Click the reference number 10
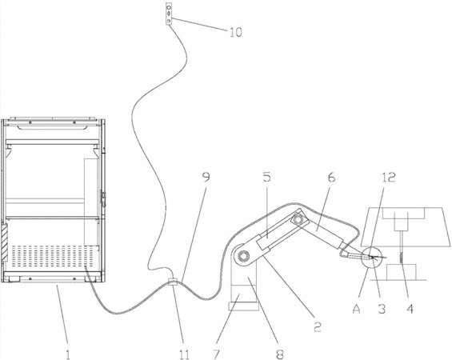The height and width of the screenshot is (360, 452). pos(236,32)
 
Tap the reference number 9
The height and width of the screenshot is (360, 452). pos(206,178)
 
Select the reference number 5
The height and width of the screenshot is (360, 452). pos(267,178)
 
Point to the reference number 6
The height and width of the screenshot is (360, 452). pos(332,178)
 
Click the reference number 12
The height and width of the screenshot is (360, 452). pos(389,178)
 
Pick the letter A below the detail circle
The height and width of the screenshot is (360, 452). pos(357,309)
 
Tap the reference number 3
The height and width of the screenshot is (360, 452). pos(382,309)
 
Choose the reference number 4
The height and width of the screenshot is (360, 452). pos(410,309)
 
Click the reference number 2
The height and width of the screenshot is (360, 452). pos(317,327)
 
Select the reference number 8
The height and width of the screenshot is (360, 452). pos(280,354)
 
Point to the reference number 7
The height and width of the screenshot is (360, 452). pos(217,354)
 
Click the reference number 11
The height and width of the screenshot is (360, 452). pos(185,354)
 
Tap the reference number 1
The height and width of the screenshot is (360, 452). pos(68,354)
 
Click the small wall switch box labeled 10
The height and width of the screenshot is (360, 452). pos(169,14)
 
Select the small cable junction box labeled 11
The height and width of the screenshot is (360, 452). pos(172,281)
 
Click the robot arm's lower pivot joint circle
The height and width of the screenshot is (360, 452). pos(244,255)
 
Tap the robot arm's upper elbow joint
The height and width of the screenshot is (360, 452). pos(298,220)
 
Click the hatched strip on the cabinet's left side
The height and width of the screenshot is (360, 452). pos(4,242)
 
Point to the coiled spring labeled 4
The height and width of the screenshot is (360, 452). pos(401,258)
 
